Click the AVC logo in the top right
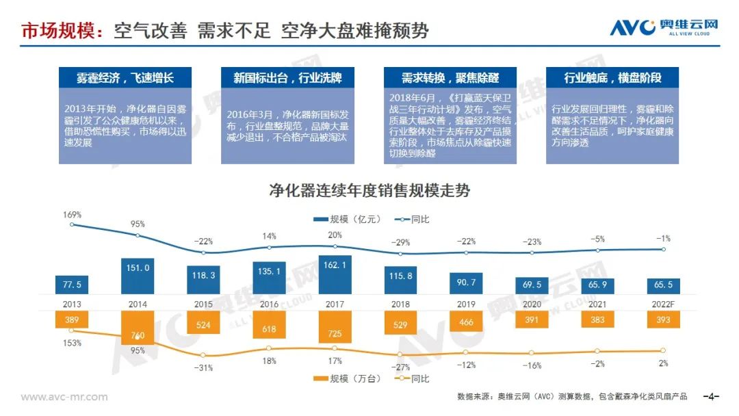click(664, 27)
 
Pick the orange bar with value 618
click(270, 329)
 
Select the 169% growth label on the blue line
click(73, 214)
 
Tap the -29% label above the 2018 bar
click(402, 242)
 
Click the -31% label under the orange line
click(203, 367)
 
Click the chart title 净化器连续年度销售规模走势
click(369, 190)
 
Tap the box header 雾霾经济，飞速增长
click(125, 77)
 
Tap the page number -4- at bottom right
click(712, 397)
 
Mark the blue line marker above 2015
click(204, 252)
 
